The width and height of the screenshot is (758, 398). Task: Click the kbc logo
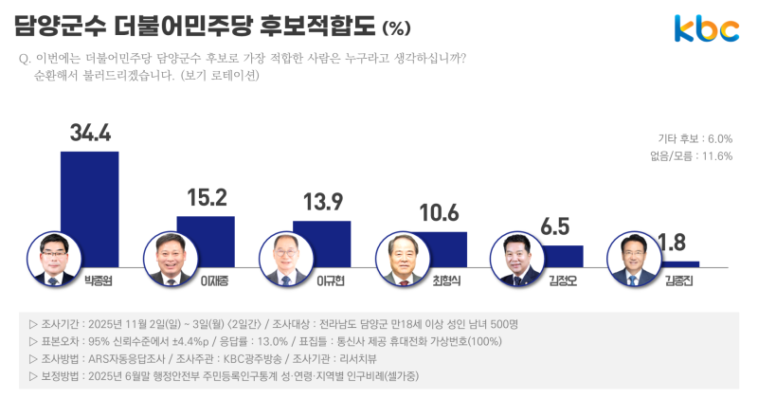tap(706, 29)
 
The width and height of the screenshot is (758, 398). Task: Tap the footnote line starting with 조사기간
tap(280, 324)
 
